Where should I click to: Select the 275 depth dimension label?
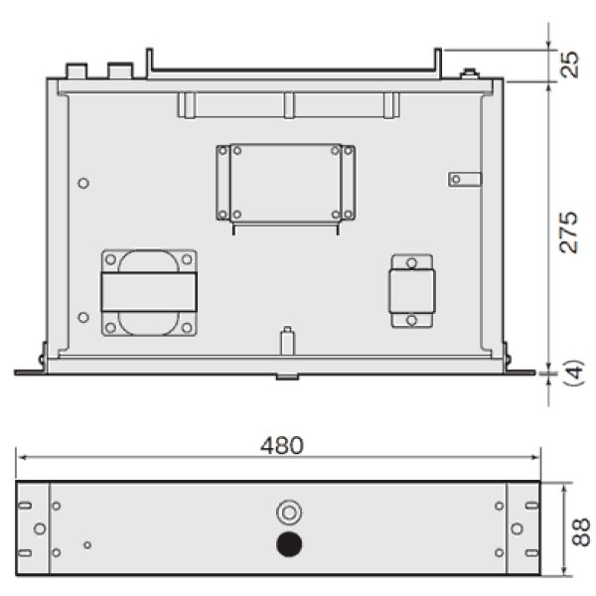[567, 231]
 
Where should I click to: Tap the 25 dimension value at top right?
[568, 67]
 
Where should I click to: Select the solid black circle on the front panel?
[289, 544]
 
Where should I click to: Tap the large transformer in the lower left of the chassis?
[148, 294]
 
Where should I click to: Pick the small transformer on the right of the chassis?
[410, 292]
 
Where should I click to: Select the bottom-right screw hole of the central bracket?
[349, 214]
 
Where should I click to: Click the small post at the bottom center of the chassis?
[287, 339]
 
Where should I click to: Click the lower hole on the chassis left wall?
[82, 318]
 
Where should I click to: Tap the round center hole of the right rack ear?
[518, 528]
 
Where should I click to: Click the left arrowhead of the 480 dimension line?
[20, 458]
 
